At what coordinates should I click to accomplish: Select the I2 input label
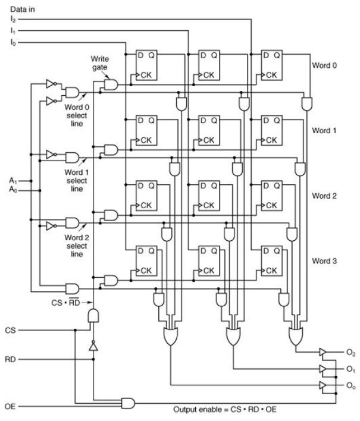point(13,20)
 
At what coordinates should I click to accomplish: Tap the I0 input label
point(13,42)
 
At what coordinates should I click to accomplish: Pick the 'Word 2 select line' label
point(76,246)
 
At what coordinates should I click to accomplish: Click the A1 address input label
point(12,180)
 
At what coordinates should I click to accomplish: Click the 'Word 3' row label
point(325,260)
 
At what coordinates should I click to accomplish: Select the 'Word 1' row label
point(325,130)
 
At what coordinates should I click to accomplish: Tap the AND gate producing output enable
point(128,403)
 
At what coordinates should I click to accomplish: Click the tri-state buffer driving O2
point(322,353)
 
